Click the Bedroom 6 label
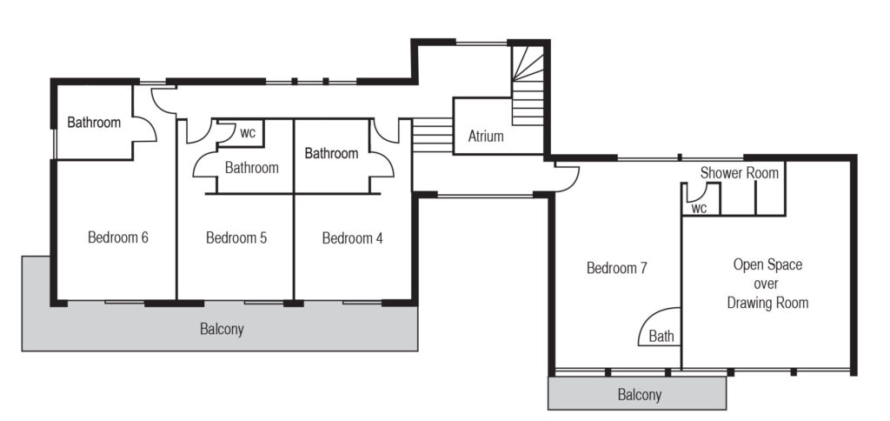tap(118, 237)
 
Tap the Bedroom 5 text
tap(236, 237)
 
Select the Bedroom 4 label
tap(353, 238)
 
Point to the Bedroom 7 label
tap(617, 268)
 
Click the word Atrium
tap(486, 137)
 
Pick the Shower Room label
tap(740, 173)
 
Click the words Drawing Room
tap(768, 303)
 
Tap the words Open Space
tap(768, 264)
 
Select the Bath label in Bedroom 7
tap(661, 336)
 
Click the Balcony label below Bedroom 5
tap(222, 329)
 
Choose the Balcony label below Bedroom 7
tap(640, 394)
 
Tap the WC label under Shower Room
tap(700, 209)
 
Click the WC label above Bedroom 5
tap(248, 133)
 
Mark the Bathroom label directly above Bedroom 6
tap(94, 122)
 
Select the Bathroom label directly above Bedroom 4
tap(331, 153)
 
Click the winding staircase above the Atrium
tap(528, 85)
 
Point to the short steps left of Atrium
tap(432, 135)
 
